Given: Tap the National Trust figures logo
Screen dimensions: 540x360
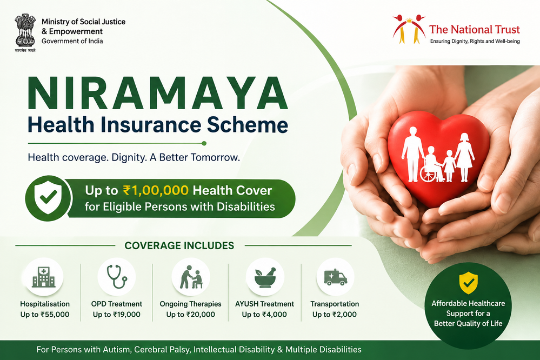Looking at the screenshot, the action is point(409,29).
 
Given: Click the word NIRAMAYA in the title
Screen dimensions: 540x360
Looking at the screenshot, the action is point(157,94).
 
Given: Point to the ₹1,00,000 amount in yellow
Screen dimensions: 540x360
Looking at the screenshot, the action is point(156,190).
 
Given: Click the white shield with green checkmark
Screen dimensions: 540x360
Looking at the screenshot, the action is point(49,198).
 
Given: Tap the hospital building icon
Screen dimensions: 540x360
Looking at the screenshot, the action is point(43,277).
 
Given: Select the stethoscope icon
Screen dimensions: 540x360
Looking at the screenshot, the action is point(117,276).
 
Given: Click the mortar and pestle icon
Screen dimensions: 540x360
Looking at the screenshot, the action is point(265,277).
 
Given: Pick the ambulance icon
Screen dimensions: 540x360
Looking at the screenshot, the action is point(335,277).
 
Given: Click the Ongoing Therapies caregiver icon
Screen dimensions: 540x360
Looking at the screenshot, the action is point(191,277).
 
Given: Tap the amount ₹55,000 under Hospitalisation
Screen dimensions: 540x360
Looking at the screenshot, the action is point(55,315).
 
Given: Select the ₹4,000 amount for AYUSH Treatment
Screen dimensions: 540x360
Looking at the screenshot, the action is point(274,315).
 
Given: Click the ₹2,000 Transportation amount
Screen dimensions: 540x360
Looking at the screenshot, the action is point(344,315).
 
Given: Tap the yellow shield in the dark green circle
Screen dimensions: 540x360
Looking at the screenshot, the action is point(468,283).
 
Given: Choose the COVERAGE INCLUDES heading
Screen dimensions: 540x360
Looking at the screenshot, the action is point(179,245).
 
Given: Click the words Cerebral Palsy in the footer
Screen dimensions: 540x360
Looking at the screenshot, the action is point(162,350).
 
